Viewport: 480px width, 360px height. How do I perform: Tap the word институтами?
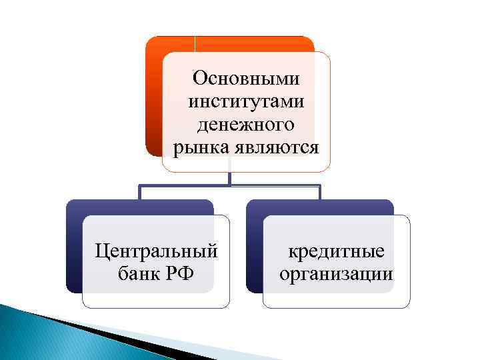(246, 102)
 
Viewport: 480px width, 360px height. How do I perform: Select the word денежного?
(246, 125)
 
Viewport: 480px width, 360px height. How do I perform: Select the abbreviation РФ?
(178, 273)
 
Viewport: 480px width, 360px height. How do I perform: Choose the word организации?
(335, 273)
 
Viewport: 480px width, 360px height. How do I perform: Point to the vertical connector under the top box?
(229, 178)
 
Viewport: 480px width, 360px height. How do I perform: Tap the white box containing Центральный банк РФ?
(156, 293)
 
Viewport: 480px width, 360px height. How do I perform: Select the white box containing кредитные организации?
(335, 293)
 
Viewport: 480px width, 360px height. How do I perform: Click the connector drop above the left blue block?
(139, 192)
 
